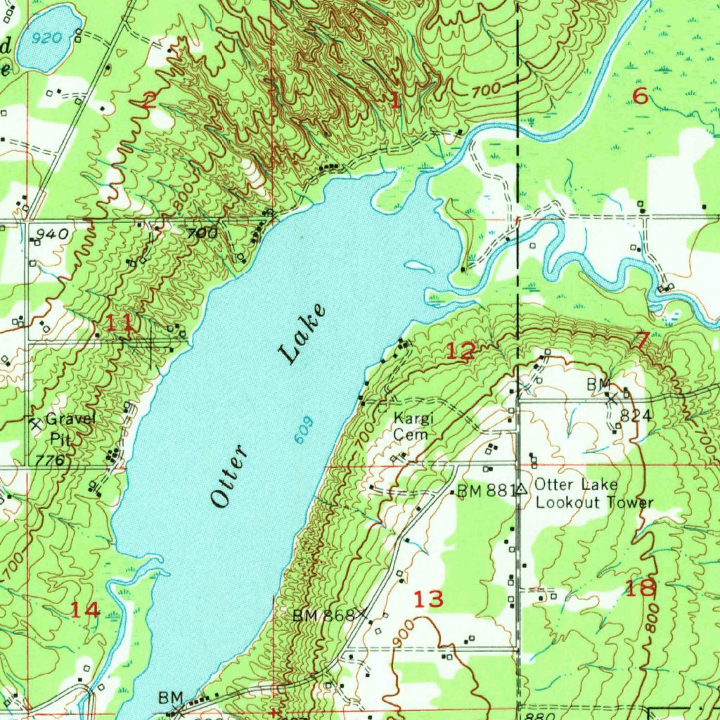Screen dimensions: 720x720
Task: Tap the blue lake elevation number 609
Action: click(x=302, y=430)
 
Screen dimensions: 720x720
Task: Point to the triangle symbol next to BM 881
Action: click(x=521, y=489)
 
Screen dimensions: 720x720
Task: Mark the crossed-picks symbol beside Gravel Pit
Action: click(x=35, y=423)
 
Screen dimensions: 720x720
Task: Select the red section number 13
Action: click(x=428, y=600)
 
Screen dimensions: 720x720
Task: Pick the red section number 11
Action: click(x=119, y=324)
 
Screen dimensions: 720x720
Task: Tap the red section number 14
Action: click(x=85, y=610)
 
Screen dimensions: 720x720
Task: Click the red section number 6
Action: click(x=640, y=96)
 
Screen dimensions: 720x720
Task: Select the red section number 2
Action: click(x=148, y=101)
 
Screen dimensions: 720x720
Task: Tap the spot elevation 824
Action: click(x=632, y=416)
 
